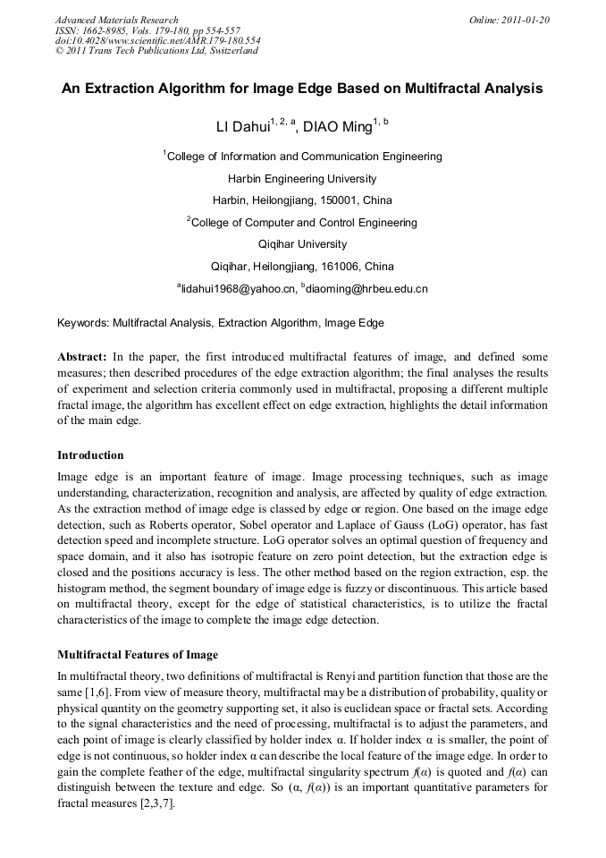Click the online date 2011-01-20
[526, 20]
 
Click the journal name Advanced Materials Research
[117, 20]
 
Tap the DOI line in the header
[158, 40]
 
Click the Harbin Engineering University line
[302, 179]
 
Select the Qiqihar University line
[302, 244]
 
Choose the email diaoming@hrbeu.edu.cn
[366, 289]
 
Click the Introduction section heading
[90, 455]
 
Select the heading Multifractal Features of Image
[137, 654]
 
